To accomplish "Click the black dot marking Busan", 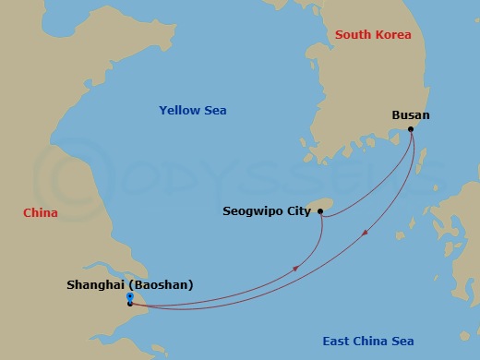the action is pyautogui.click(x=412, y=129).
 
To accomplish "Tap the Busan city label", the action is pyautogui.click(x=411, y=115).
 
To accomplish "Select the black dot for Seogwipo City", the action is pyautogui.click(x=320, y=211).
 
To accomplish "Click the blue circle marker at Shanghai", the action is pyautogui.click(x=130, y=296).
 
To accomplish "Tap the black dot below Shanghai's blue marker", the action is pyautogui.click(x=130, y=304).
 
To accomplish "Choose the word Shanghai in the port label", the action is pyautogui.click(x=97, y=285).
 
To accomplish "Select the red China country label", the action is pyautogui.click(x=41, y=213).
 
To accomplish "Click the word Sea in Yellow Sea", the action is pyautogui.click(x=215, y=111).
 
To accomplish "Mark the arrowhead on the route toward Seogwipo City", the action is pyautogui.click(x=296, y=268).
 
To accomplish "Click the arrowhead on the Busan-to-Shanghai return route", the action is pyautogui.click(x=367, y=232).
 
